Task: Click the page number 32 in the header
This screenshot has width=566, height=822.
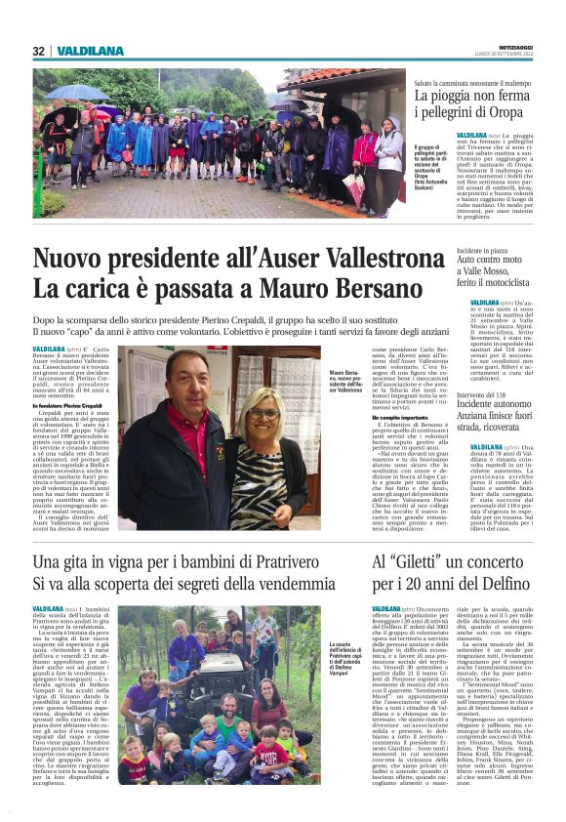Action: click(39, 51)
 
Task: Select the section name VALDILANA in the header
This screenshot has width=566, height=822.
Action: click(90, 51)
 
